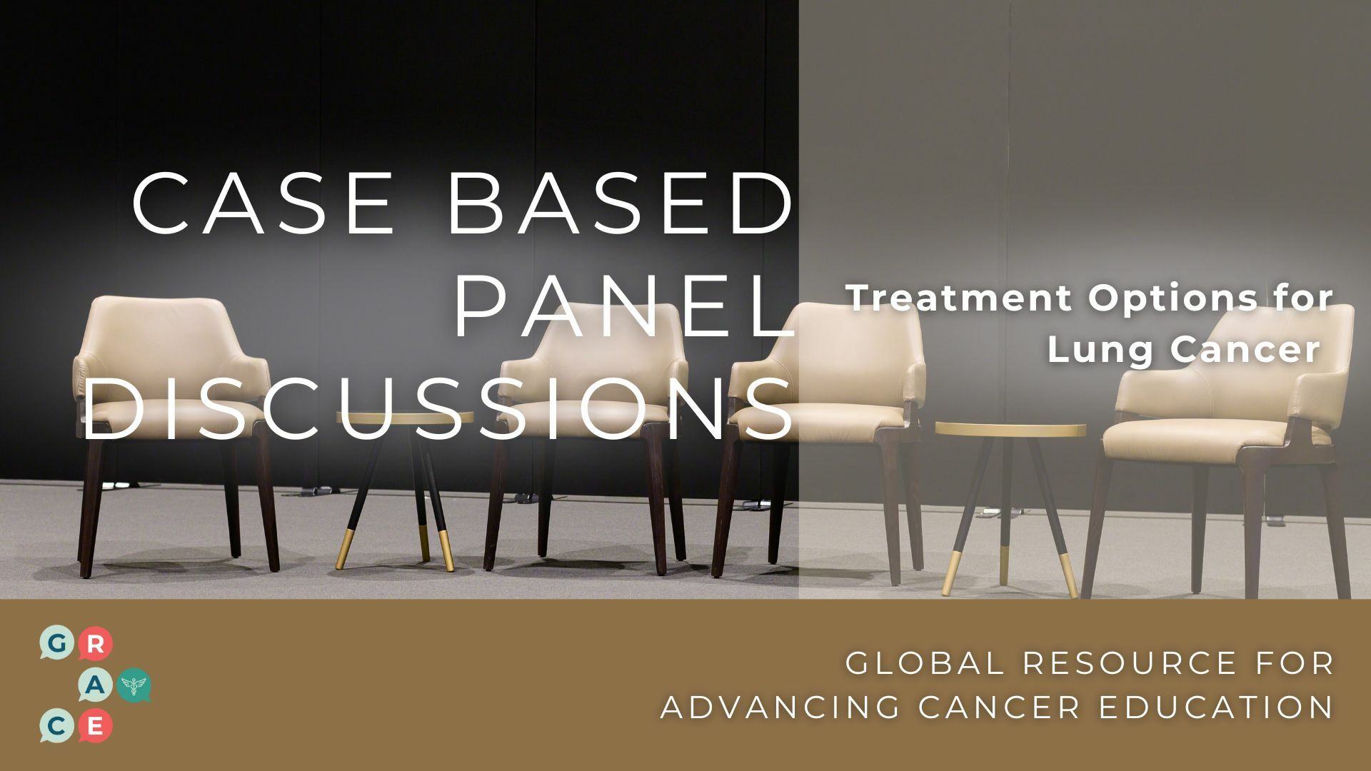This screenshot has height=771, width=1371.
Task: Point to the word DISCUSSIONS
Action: click(x=439, y=412)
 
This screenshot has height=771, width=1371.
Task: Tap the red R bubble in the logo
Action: click(x=98, y=645)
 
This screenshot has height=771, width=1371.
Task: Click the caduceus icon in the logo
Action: click(x=134, y=686)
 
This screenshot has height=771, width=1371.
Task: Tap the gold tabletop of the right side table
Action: click(x=1010, y=430)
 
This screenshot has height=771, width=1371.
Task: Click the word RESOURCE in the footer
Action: click(x=1130, y=663)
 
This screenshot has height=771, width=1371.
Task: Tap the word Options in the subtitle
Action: click(x=1171, y=298)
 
